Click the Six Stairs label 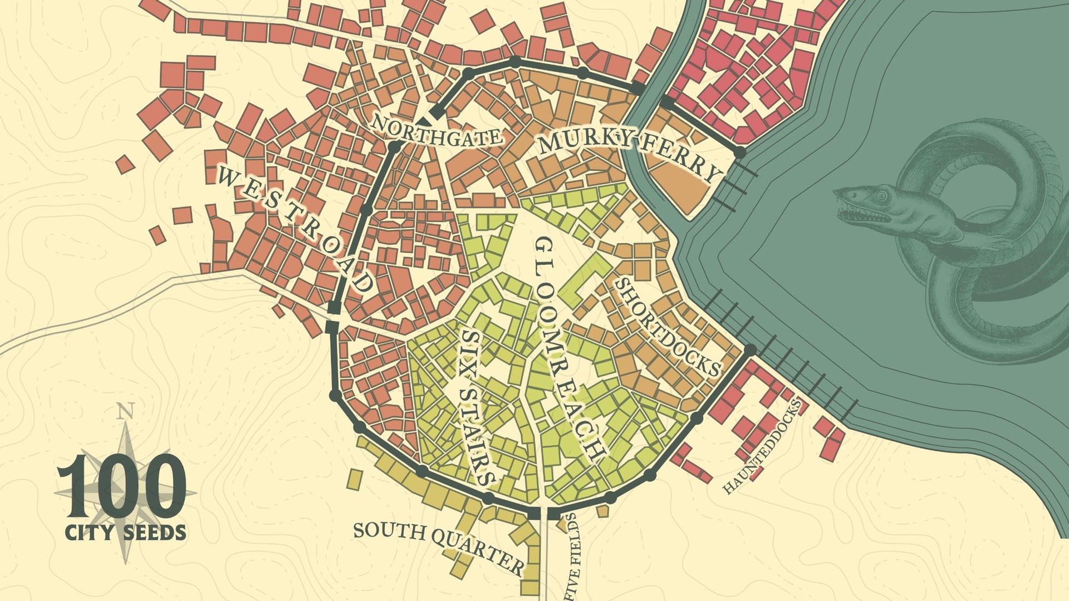[x=476, y=406]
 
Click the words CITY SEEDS [x=126, y=533]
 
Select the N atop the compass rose [x=126, y=412]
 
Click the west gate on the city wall [x=332, y=318]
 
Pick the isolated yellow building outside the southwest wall [x=354, y=479]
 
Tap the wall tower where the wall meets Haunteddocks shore [x=750, y=350]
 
